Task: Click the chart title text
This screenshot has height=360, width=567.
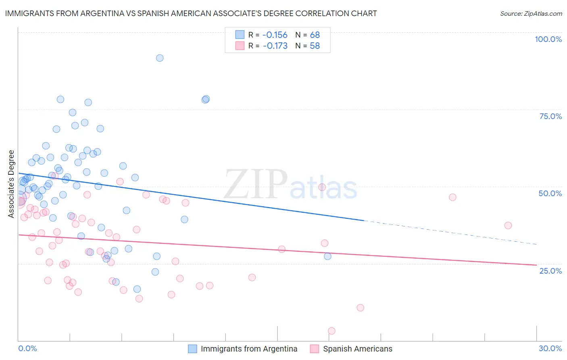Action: [191, 13]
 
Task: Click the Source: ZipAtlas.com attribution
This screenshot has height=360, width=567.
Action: [531, 13]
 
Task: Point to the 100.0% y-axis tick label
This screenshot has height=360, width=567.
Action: [548, 39]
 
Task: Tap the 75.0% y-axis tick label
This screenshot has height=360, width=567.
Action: [550, 116]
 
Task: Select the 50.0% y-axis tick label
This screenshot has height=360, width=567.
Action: [550, 193]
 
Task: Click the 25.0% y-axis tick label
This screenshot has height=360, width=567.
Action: [550, 270]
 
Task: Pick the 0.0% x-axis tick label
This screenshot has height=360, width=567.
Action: [27, 348]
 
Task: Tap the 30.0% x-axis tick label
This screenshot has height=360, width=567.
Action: [550, 348]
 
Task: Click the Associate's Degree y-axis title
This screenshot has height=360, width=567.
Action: [11, 184]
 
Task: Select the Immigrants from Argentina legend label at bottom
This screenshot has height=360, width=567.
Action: [249, 349]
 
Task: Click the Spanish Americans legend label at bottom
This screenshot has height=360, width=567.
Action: [357, 349]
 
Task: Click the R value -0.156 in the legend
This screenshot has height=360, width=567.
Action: [275, 35]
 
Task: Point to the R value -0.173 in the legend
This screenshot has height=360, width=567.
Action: [275, 46]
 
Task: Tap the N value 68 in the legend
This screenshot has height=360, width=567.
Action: [315, 35]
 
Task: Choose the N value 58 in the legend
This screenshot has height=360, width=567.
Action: [315, 46]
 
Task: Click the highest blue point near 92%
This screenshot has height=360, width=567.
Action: [160, 58]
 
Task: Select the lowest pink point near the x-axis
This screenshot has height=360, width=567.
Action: [331, 331]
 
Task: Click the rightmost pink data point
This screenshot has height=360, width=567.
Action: [508, 226]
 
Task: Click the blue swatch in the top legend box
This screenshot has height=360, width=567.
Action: [240, 35]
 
